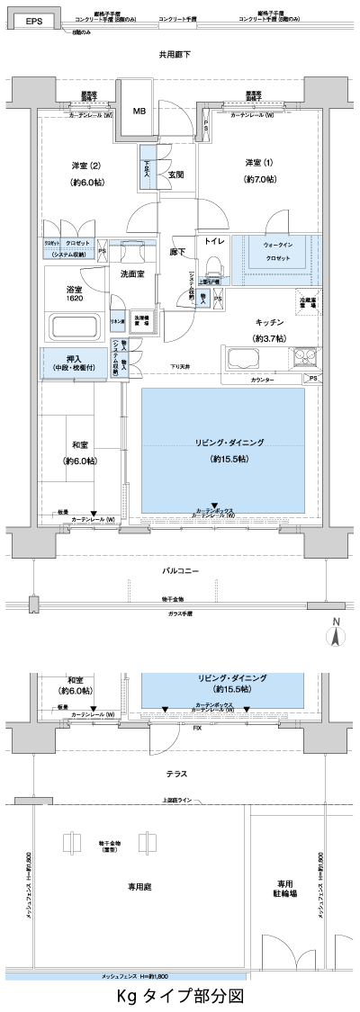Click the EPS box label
pos(32,20)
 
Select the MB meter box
pos(139,112)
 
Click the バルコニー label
pos(180,571)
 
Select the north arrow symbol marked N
pos(336,633)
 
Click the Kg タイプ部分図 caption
pos(180,996)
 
